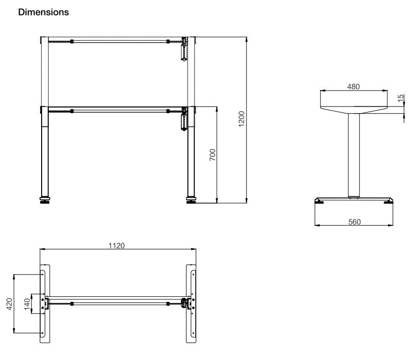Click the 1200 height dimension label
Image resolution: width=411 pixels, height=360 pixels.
pyautogui.click(x=241, y=120)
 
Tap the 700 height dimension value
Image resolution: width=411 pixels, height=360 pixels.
pyautogui.click(x=212, y=155)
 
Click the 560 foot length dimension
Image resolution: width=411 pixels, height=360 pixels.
pyautogui.click(x=354, y=222)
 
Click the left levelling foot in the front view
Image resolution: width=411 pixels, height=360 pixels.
pyautogui.click(x=45, y=200)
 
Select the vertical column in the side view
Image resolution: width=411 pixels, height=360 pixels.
pyautogui.click(x=353, y=154)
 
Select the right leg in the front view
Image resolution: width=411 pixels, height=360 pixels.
pyautogui.click(x=192, y=154)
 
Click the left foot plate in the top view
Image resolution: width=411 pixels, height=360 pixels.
pyautogui.click(x=45, y=303)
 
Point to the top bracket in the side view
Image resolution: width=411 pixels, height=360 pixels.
pyautogui.click(x=353, y=103)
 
